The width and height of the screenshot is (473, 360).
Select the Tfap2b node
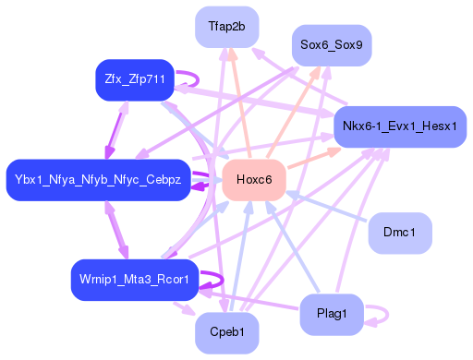226,27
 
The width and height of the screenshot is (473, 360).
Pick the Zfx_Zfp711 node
135,80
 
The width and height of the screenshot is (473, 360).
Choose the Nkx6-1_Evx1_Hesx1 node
398,126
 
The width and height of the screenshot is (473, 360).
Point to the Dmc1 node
400,232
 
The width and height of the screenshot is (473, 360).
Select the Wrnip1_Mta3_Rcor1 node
134,279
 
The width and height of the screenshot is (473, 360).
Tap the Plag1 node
331,314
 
